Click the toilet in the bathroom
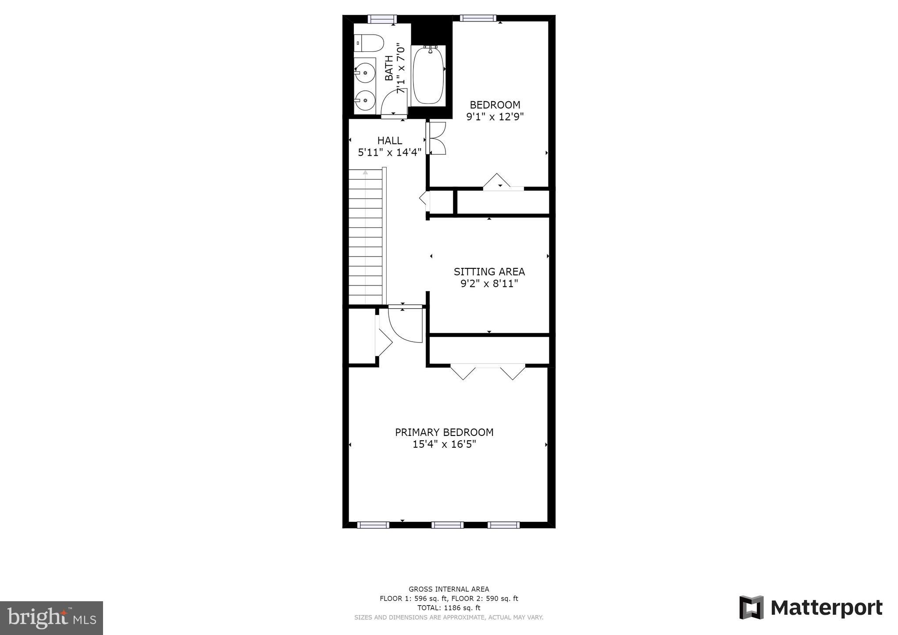pos(369,43)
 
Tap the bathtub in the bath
pos(428,75)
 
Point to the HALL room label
pos(389,141)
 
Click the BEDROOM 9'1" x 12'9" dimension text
pos(495,117)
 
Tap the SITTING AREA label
pos(489,271)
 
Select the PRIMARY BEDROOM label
pos(444,432)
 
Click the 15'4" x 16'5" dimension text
pos(444,444)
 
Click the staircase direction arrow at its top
pos(365,173)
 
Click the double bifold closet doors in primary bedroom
pos(488,371)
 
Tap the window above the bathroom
pos(382,19)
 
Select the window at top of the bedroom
pos(478,18)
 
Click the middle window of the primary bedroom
pos(447,525)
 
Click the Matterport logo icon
pos(752,607)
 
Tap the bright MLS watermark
pos(52,618)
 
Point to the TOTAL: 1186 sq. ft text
pos(449,608)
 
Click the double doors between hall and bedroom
pos(436,138)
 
